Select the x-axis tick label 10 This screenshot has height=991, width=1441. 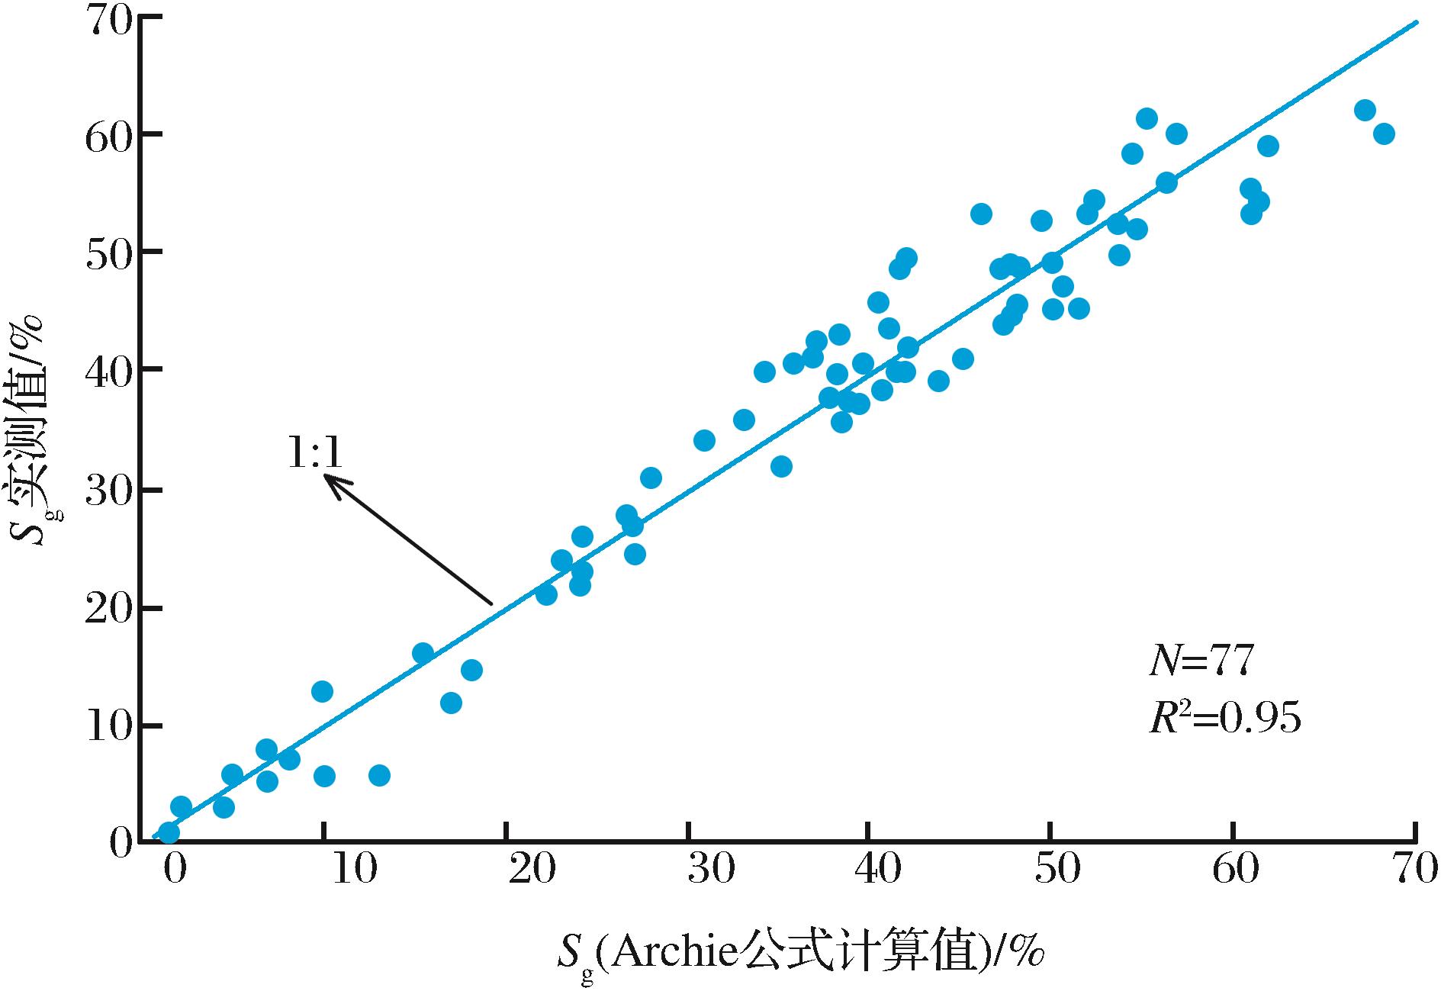(x=355, y=870)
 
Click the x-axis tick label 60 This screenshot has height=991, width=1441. (x=1234, y=870)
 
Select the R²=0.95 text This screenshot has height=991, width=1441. (x=1224, y=718)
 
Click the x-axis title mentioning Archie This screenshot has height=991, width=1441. (x=801, y=954)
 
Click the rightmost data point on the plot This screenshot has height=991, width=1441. (x=1384, y=134)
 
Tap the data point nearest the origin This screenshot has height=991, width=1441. (x=169, y=832)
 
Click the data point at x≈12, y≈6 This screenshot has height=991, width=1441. (x=379, y=776)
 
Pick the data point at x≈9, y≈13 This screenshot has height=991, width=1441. (x=322, y=692)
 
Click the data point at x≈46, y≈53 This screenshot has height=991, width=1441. (x=981, y=214)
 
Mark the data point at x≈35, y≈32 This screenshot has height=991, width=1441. (x=781, y=466)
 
